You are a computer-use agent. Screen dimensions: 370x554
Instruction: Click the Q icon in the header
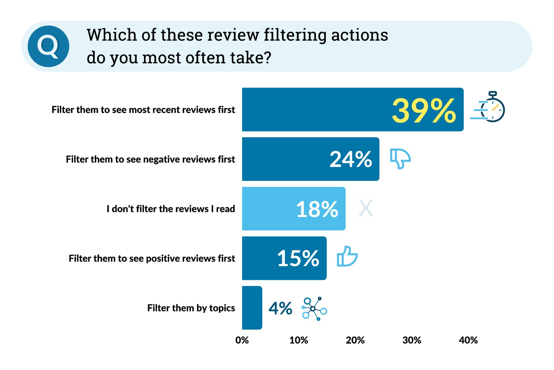click(x=48, y=46)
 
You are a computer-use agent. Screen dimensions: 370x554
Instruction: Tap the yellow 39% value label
click(x=424, y=110)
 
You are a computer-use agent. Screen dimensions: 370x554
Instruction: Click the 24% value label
click(x=351, y=160)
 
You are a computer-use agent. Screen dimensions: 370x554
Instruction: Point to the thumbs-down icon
click(x=400, y=158)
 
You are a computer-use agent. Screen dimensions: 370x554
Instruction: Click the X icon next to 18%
click(x=366, y=208)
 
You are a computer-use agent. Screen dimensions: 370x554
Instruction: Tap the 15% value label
click(x=298, y=258)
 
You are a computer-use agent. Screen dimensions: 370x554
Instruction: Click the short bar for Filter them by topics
click(x=252, y=308)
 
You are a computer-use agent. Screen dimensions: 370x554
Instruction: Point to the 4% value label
click(x=280, y=308)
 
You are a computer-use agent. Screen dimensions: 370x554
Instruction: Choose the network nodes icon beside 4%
click(x=314, y=309)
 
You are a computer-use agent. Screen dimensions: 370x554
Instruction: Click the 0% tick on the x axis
click(x=242, y=340)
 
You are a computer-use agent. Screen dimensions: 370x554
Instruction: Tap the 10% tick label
click(x=299, y=340)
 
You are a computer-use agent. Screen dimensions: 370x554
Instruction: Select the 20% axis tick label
click(x=355, y=340)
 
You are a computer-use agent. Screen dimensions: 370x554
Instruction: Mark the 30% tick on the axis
click(x=412, y=340)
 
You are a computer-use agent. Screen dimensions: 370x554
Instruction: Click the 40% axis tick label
click(x=468, y=340)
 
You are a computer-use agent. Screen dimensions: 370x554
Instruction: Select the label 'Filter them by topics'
click(x=191, y=308)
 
